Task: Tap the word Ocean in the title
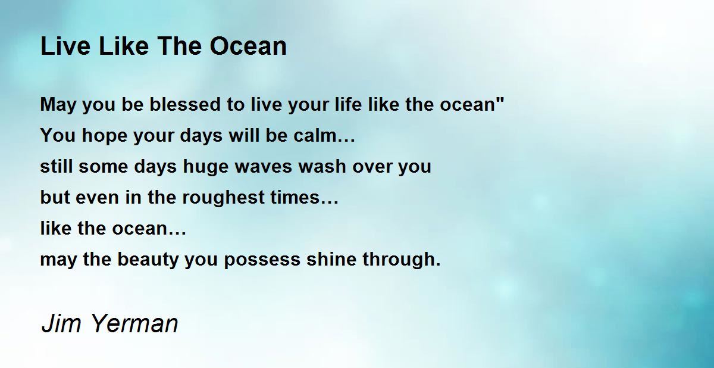tap(248, 46)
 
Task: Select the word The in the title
tap(179, 46)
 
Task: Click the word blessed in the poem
tap(185, 104)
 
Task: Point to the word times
tap(295, 197)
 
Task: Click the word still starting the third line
tap(57, 167)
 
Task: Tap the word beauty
tap(148, 260)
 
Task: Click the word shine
tap(331, 259)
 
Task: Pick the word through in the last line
tap(399, 260)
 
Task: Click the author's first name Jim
tap(61, 323)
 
